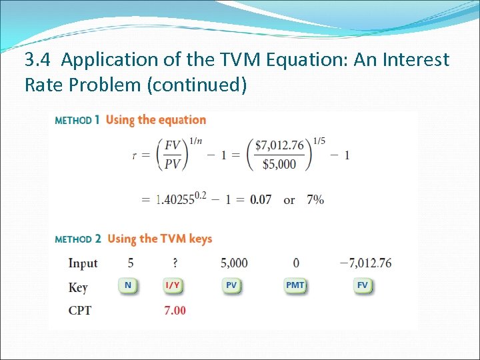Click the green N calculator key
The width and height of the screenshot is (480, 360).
(128, 285)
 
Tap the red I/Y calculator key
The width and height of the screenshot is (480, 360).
(173, 285)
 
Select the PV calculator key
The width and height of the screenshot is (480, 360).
(231, 285)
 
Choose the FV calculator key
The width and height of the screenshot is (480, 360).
(363, 285)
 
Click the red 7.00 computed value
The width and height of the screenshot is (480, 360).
(175, 310)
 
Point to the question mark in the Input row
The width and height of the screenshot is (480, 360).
(174, 263)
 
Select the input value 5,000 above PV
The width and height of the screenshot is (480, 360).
(234, 263)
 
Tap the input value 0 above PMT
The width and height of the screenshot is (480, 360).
(296, 263)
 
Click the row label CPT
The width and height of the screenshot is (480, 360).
(80, 311)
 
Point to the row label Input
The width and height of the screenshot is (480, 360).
(83, 264)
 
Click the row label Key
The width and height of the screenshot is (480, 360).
(78, 287)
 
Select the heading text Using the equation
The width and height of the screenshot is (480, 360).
(156, 120)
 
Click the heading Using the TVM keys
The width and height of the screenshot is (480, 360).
(159, 239)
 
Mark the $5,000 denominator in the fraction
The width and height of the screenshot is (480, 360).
(279, 164)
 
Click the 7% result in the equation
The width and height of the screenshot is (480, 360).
(315, 200)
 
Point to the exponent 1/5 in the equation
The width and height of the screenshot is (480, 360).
(318, 141)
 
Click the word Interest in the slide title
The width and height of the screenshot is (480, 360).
(411, 60)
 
